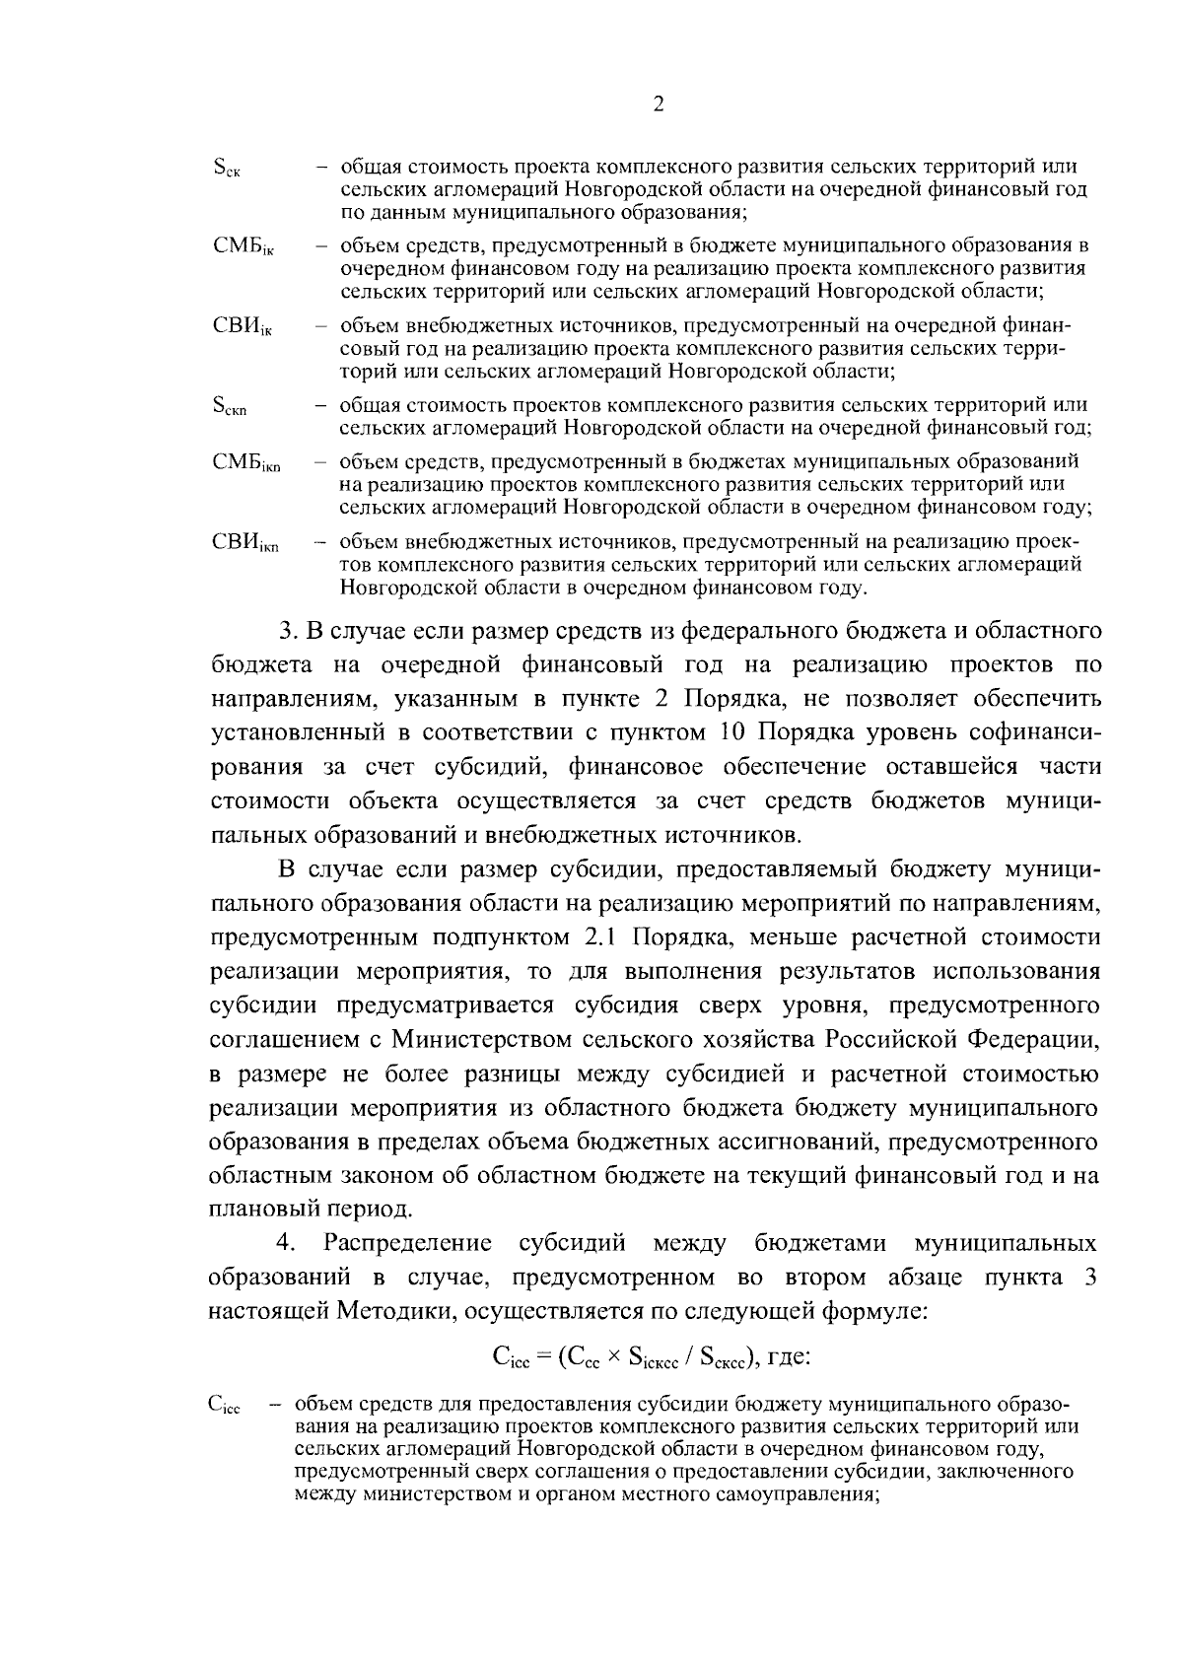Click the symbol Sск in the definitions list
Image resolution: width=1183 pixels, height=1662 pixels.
pos(228,169)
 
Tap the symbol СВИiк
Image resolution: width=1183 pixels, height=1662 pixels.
pos(243,326)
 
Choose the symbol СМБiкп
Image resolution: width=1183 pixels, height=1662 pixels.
pos(246,463)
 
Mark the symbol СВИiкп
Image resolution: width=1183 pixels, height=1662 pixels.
pos(246,543)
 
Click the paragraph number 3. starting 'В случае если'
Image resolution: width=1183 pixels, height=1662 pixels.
pos(287,630)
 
